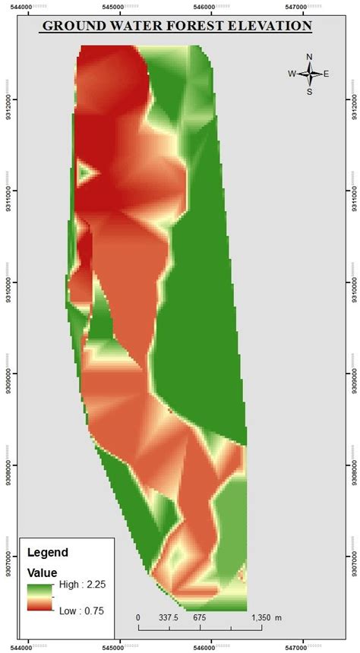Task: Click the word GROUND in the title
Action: [x=69, y=26]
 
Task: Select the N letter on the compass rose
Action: [x=309, y=57]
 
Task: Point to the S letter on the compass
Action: [x=309, y=92]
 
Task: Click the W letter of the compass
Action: [x=292, y=74]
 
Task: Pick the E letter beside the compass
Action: [x=326, y=74]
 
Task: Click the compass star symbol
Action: [x=309, y=74]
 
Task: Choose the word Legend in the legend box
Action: [x=47, y=552]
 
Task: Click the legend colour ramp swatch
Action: [x=39, y=598]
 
